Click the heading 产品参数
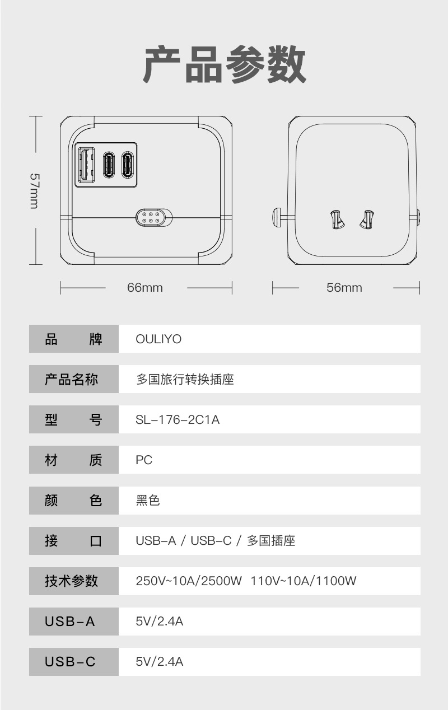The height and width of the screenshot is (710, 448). pyautogui.click(x=225, y=65)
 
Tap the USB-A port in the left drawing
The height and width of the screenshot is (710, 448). pyautogui.click(x=86, y=164)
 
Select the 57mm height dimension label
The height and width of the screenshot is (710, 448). pyautogui.click(x=34, y=190)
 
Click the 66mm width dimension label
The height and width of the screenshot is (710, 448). pyautogui.click(x=145, y=288)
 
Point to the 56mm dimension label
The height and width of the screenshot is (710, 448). pyautogui.click(x=344, y=288)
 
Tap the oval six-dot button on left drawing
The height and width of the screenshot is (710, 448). pyautogui.click(x=153, y=217)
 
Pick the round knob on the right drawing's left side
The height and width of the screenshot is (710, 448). pyautogui.click(x=276, y=217)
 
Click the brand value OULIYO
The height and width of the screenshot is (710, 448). pyautogui.click(x=158, y=339)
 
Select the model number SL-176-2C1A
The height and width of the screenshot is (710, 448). pyautogui.click(x=178, y=420)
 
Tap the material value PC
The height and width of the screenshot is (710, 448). pyautogui.click(x=144, y=460)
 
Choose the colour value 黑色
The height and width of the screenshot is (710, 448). pyautogui.click(x=148, y=501)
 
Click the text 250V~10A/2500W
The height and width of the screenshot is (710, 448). pyautogui.click(x=189, y=581)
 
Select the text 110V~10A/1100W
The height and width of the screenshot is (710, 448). pyautogui.click(x=303, y=581)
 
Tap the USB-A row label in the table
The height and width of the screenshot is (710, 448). pyautogui.click(x=70, y=622)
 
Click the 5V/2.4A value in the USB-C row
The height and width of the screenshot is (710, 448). pyautogui.click(x=160, y=662)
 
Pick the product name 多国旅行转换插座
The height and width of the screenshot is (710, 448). pyautogui.click(x=185, y=380)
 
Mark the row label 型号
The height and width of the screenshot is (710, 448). pyautogui.click(x=73, y=420)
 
